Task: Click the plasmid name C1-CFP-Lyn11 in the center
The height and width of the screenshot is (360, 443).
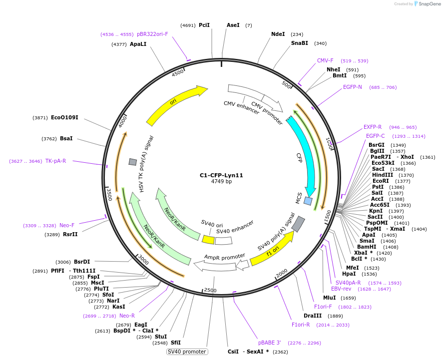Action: point(221,175)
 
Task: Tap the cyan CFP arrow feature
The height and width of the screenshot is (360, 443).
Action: point(304,155)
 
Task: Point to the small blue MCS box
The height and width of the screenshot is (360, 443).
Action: point(308,201)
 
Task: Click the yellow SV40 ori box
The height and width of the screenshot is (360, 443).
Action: point(208,240)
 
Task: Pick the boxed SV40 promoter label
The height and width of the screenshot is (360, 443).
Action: point(187,352)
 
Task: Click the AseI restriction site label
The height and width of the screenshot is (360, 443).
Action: point(233,25)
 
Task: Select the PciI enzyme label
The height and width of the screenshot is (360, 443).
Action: point(204,25)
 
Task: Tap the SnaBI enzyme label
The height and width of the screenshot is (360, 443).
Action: point(300,43)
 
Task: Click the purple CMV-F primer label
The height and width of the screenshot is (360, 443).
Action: point(325,60)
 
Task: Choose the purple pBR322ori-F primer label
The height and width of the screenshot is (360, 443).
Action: point(152,34)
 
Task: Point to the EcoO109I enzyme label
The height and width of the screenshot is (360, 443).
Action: point(64,117)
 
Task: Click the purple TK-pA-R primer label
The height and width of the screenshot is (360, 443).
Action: point(55,161)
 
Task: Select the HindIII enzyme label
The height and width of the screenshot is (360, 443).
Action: point(383,175)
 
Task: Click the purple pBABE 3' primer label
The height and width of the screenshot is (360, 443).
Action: point(270,343)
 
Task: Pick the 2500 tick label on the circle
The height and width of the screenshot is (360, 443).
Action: point(210,290)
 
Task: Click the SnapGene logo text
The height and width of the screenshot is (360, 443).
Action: point(430,4)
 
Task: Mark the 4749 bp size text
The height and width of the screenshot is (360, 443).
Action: point(221,181)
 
